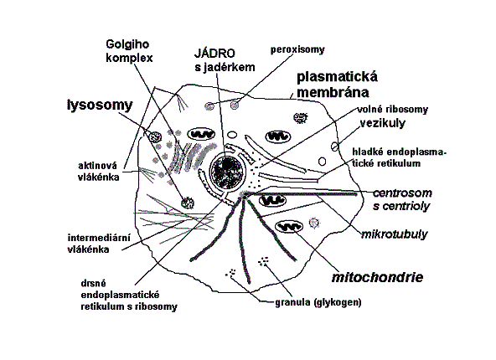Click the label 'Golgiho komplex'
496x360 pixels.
129,51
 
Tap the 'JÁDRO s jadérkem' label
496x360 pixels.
225,60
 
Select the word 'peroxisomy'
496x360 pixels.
297,50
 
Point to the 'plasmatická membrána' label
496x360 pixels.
337,85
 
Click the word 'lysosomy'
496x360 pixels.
100,105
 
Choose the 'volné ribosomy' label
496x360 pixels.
393,110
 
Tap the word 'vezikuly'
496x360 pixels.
382,123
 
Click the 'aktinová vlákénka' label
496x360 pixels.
98,172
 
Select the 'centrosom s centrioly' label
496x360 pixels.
402,199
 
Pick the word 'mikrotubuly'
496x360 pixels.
394,234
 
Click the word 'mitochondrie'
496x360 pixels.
377,277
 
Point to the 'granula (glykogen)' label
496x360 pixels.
318,302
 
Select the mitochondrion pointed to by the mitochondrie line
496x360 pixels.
289,227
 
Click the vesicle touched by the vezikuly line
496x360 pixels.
334,147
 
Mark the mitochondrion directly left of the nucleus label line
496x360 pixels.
201,135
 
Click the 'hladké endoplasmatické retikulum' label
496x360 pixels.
399,157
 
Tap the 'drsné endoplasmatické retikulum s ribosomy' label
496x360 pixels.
129,295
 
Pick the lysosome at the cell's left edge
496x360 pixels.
155,137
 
